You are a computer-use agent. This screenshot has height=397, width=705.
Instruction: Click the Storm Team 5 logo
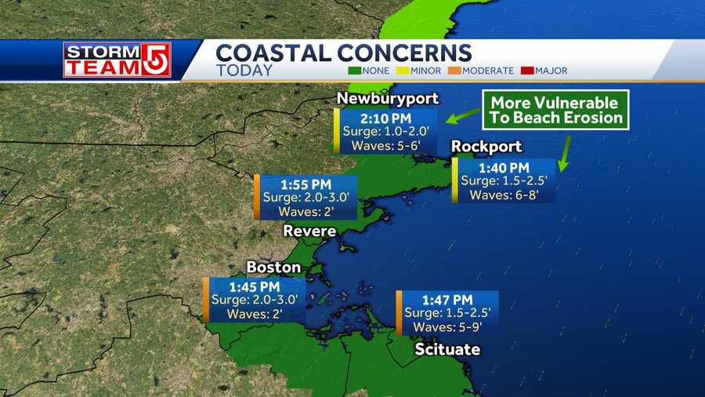point(117,60)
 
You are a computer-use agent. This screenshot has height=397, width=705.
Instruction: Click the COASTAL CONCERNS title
point(343,53)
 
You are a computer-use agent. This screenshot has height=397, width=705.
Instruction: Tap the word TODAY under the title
point(244,71)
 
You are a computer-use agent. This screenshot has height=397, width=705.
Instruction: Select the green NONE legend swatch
point(354,71)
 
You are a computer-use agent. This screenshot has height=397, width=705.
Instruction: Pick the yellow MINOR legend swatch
point(403,71)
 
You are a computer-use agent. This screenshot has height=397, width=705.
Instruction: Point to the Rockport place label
point(486,148)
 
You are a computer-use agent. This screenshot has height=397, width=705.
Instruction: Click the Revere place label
point(309,231)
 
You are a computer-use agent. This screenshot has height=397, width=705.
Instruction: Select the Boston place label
point(273,268)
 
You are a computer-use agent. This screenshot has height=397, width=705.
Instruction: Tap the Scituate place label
point(446,349)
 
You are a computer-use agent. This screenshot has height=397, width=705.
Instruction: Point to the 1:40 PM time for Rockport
point(503,167)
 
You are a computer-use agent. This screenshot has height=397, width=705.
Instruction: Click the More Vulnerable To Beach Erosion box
point(556,111)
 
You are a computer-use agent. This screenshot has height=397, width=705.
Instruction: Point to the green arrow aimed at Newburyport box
point(463,118)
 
